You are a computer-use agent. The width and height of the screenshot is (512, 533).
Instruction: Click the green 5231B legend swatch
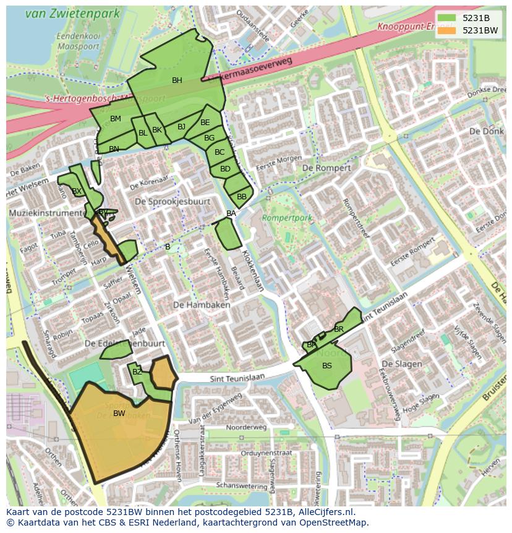(447, 18)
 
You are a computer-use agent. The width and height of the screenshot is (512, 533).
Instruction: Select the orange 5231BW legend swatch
(447, 30)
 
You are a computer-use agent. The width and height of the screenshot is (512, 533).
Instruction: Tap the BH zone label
(177, 80)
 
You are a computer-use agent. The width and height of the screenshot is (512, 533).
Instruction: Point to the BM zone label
(116, 119)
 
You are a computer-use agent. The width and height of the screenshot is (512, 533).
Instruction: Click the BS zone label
(327, 366)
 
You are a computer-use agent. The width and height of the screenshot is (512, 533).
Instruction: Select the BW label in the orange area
(119, 414)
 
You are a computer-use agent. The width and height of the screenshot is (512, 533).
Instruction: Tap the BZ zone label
(137, 372)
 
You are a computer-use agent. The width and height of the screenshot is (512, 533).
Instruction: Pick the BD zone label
(225, 169)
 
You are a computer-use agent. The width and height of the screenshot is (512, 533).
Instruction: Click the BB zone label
(242, 197)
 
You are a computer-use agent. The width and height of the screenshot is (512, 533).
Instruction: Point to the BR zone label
(339, 329)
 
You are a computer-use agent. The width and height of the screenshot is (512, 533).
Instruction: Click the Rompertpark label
(287, 219)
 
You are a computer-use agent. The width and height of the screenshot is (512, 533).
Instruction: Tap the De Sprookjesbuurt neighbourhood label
(173, 202)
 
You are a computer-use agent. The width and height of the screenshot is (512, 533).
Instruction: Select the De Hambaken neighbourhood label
(202, 305)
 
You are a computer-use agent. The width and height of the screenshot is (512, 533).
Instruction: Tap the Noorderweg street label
(246, 428)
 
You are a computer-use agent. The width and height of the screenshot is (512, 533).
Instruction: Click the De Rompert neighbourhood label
(326, 168)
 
